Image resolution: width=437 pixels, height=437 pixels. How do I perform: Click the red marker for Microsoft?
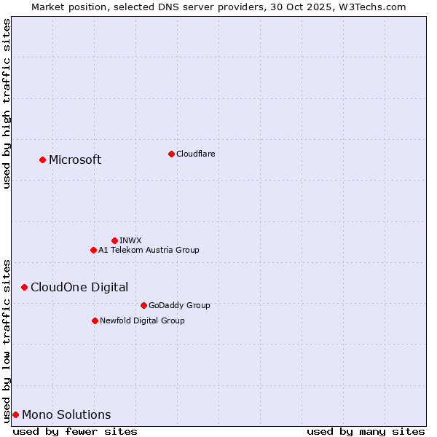(x=42, y=160)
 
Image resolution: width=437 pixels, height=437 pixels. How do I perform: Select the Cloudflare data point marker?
(x=171, y=154)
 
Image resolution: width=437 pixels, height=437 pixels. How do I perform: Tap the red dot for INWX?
(x=114, y=240)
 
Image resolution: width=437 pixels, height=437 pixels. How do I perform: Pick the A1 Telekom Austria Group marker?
(x=93, y=250)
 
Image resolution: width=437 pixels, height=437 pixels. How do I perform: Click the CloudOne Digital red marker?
(x=24, y=287)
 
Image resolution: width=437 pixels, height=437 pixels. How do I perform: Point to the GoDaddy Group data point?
(x=143, y=305)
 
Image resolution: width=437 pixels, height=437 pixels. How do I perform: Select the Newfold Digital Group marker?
(x=95, y=320)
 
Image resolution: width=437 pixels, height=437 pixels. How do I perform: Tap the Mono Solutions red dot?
(x=15, y=414)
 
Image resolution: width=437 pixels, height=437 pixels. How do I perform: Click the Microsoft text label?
(x=75, y=160)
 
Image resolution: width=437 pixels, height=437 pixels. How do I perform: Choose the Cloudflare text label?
(x=195, y=154)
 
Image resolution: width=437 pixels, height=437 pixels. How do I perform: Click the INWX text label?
(x=130, y=240)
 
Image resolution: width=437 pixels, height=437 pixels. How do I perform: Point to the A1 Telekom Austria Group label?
(x=149, y=250)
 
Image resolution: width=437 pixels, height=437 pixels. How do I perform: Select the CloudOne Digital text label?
(x=79, y=287)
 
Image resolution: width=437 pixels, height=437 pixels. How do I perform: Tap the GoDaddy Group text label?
(x=179, y=305)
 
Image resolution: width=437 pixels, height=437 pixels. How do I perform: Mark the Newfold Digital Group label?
(x=142, y=320)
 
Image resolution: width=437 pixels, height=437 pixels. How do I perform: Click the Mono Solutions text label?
(x=66, y=415)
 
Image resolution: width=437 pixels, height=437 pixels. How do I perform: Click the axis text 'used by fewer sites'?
(x=75, y=431)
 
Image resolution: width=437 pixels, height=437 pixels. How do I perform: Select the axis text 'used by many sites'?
(x=366, y=431)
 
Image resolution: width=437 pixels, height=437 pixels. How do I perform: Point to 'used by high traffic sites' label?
(x=7, y=103)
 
